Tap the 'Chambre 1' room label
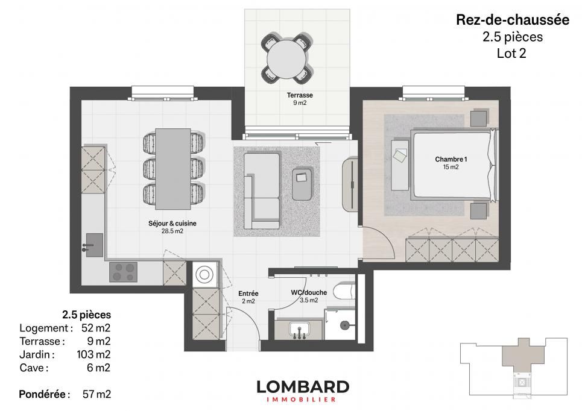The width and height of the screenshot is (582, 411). click(451, 159)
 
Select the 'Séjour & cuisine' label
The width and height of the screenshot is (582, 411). click(172, 223)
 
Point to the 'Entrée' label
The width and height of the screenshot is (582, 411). click(248, 293)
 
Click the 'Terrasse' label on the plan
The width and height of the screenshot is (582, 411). click(300, 95)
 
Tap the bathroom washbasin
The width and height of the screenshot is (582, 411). click(299, 330)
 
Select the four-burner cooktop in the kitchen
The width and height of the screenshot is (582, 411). click(123, 272)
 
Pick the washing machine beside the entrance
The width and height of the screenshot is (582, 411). click(205, 274)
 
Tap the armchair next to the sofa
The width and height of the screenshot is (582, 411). click(303, 183)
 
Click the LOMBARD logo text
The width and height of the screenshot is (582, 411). click(302, 386)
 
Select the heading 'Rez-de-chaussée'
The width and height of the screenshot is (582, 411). click(512, 20)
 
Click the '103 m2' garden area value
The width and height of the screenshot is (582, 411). click(93, 354)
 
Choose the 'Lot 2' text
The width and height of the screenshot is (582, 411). click(512, 52)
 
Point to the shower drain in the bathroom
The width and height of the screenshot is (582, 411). click(344, 325)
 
